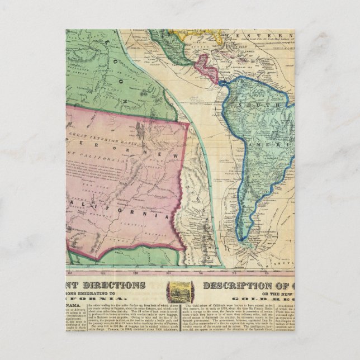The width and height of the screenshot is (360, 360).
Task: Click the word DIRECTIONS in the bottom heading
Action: tap(117, 285)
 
